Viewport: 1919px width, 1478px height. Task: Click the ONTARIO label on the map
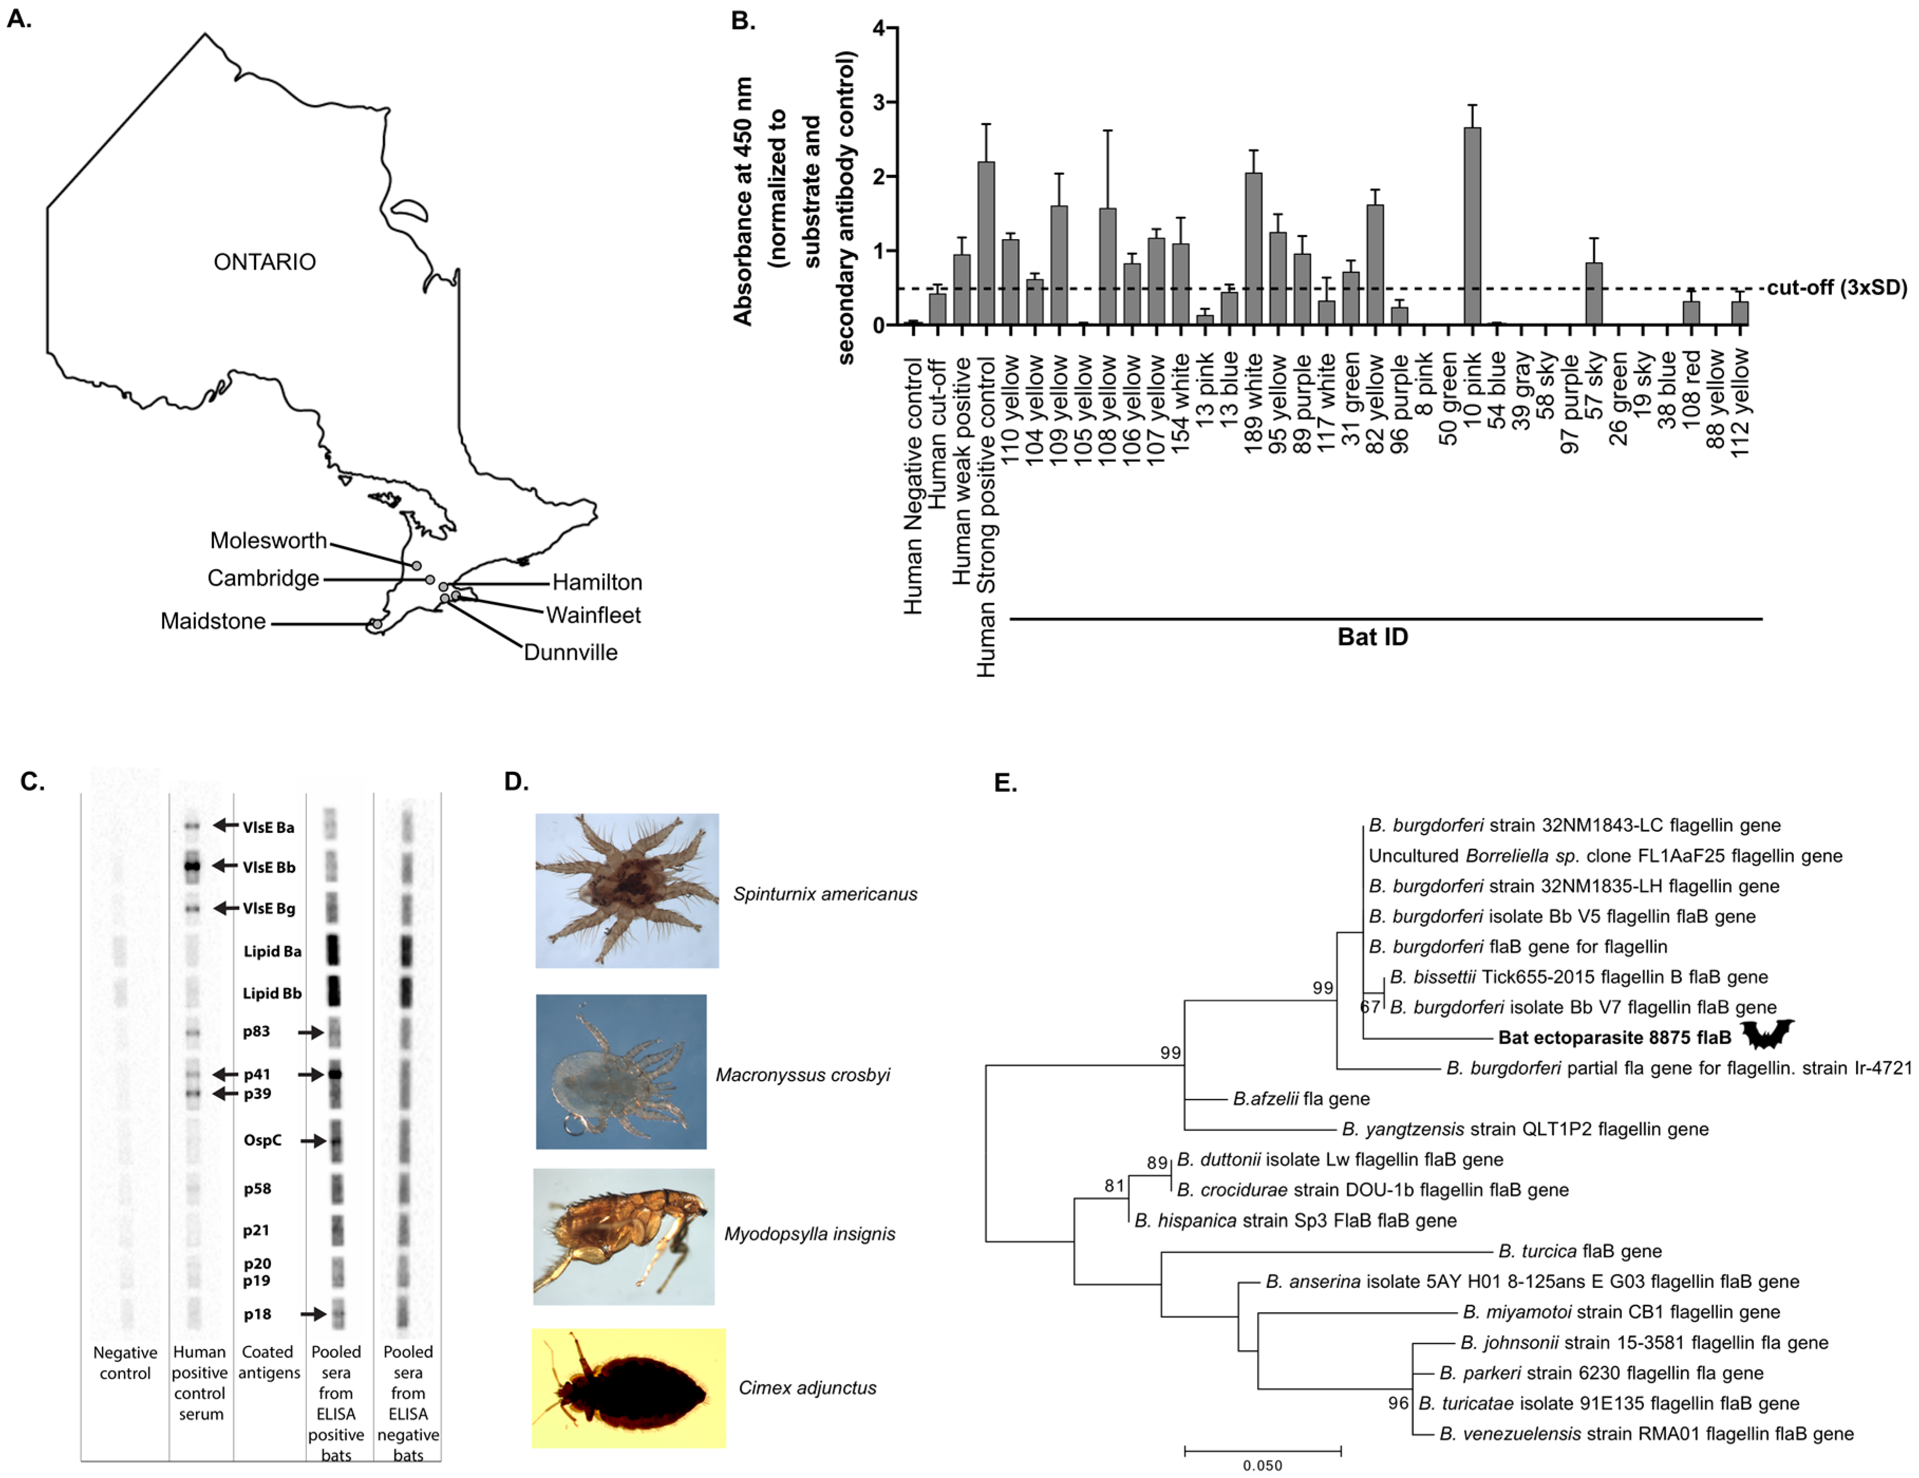pos(264,262)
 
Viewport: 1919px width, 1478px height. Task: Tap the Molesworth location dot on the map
pos(417,566)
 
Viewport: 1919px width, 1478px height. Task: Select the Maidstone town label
pos(213,621)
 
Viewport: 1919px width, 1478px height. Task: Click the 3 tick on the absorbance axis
pos(878,103)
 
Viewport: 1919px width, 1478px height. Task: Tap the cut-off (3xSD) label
pos(1837,288)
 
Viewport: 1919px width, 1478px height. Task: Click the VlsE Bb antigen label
pos(269,867)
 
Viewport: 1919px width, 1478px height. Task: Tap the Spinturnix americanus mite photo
pos(627,890)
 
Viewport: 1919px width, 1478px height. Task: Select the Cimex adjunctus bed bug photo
pos(628,1388)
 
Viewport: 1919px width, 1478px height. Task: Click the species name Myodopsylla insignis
pos(809,1234)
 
